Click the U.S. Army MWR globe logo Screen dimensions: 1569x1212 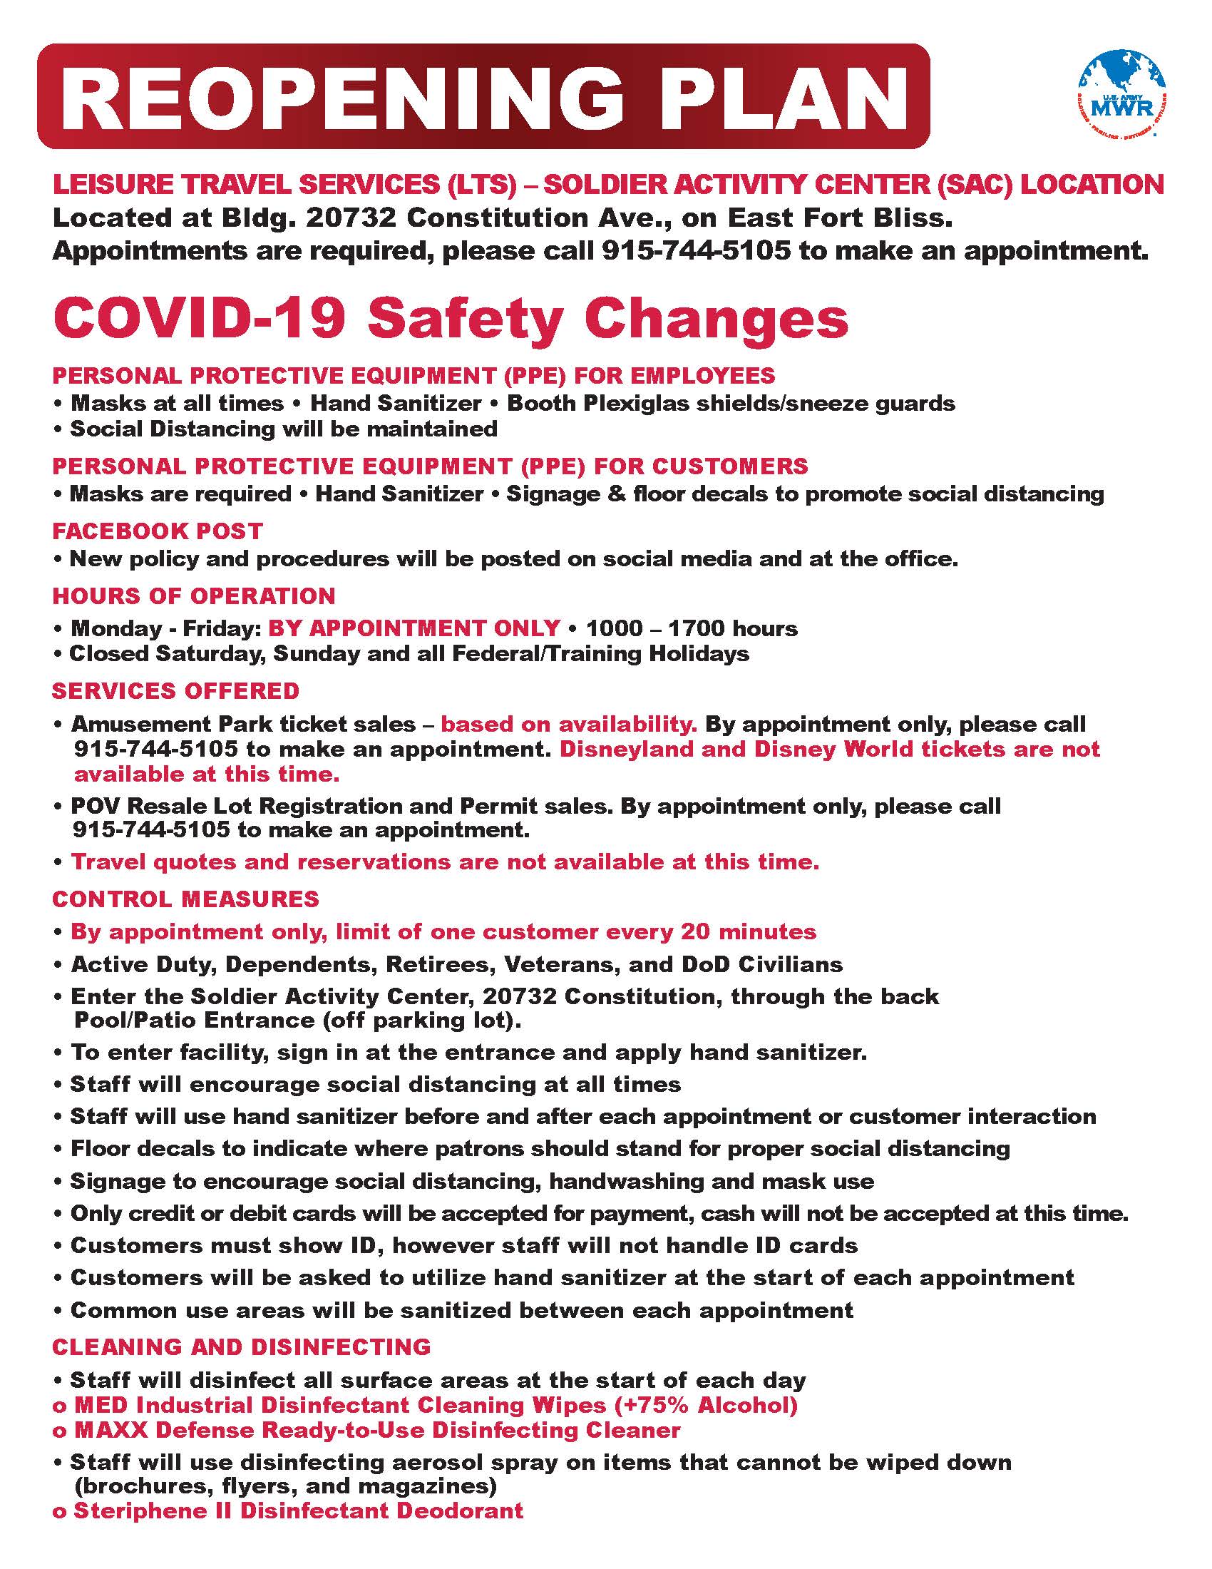[1121, 93]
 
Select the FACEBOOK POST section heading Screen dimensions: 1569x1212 [158, 531]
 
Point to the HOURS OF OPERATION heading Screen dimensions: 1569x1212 [194, 596]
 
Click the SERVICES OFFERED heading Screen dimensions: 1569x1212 [175, 690]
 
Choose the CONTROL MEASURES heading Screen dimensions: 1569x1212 [185, 899]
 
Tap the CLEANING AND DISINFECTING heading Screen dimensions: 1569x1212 [241, 1346]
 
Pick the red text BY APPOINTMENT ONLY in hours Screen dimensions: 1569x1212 [414, 628]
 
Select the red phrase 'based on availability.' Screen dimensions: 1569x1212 [569, 723]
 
